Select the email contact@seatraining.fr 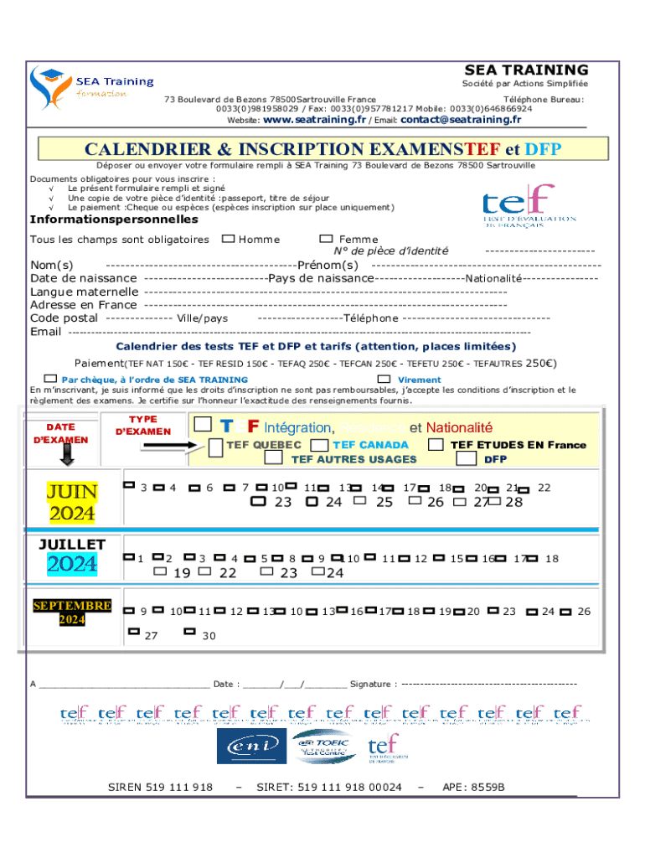(x=461, y=120)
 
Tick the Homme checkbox (x=228, y=239)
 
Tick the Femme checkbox (x=326, y=239)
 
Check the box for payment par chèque (x=52, y=379)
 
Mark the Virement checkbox (x=384, y=379)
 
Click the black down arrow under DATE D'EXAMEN (x=67, y=454)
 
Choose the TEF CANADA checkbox (x=319, y=445)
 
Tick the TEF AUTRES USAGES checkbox (x=273, y=458)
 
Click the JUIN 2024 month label (x=71, y=502)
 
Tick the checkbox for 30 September (x=189, y=633)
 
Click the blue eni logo (x=250, y=746)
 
